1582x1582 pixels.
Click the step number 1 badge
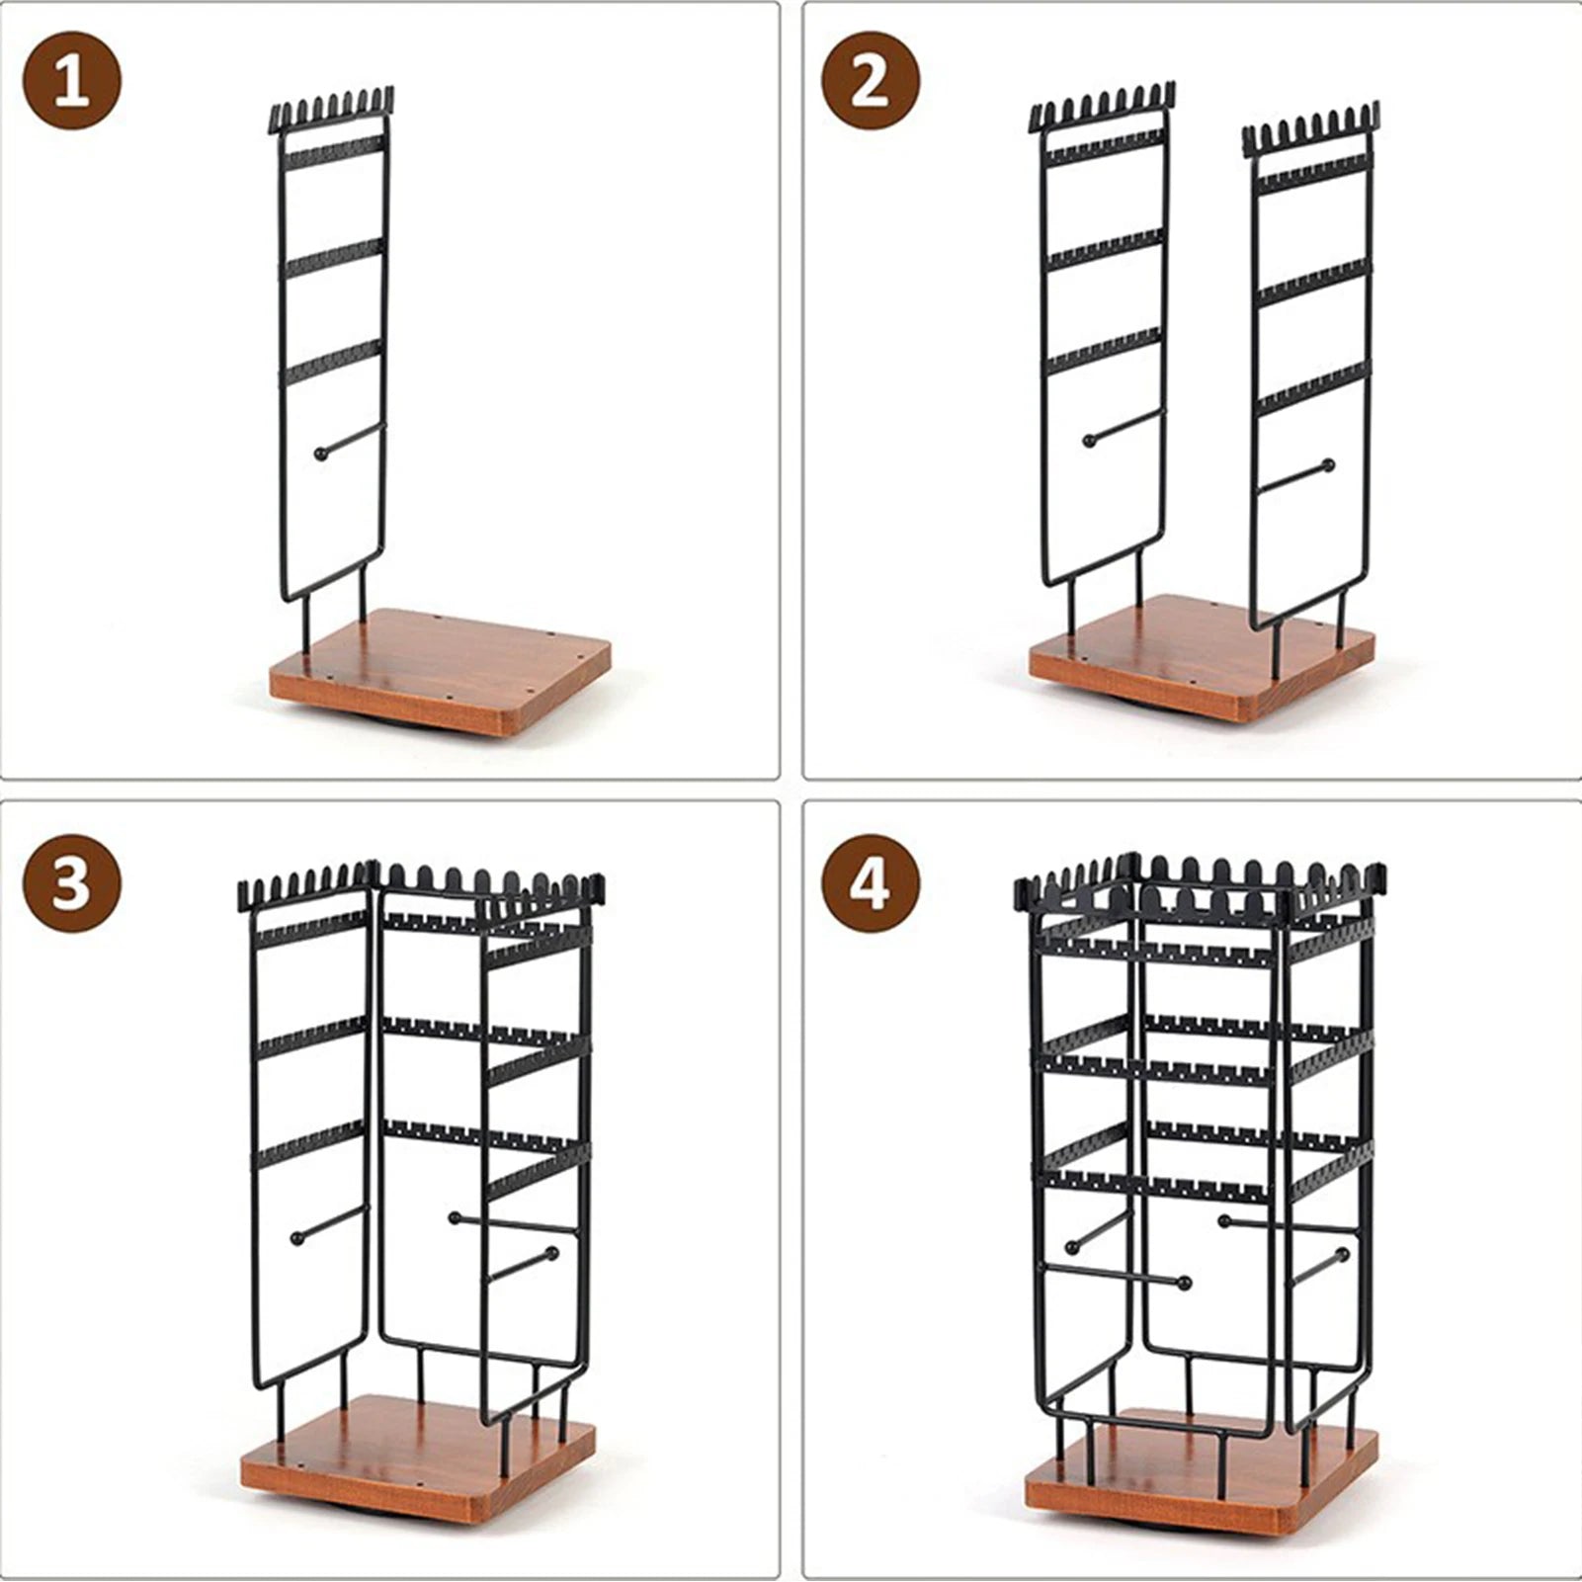(72, 81)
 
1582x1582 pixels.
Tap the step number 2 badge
(870, 81)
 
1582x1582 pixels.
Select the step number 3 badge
(72, 882)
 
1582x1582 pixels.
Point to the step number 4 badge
(870, 882)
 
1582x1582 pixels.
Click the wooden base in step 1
(440, 670)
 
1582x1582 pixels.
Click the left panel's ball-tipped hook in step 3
(328, 1221)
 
